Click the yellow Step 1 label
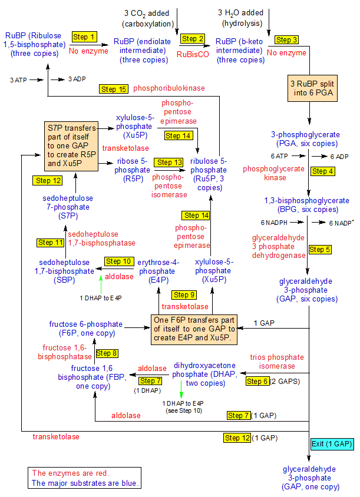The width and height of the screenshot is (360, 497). [x=84, y=37]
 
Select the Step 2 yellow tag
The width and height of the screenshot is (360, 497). [x=193, y=39]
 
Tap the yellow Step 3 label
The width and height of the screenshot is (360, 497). [x=287, y=40]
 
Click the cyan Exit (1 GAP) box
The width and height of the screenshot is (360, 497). [x=332, y=444]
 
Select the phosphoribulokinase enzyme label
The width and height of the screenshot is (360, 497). [x=169, y=88]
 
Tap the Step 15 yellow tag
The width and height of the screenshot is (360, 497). [x=114, y=89]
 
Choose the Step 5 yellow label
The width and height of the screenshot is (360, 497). [x=320, y=249]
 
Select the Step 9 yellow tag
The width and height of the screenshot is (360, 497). [x=184, y=294]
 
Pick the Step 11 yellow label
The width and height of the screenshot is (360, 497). [x=50, y=242]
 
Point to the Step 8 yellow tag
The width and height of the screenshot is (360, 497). [x=107, y=353]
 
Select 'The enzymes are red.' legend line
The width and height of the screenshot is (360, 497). [x=70, y=473]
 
